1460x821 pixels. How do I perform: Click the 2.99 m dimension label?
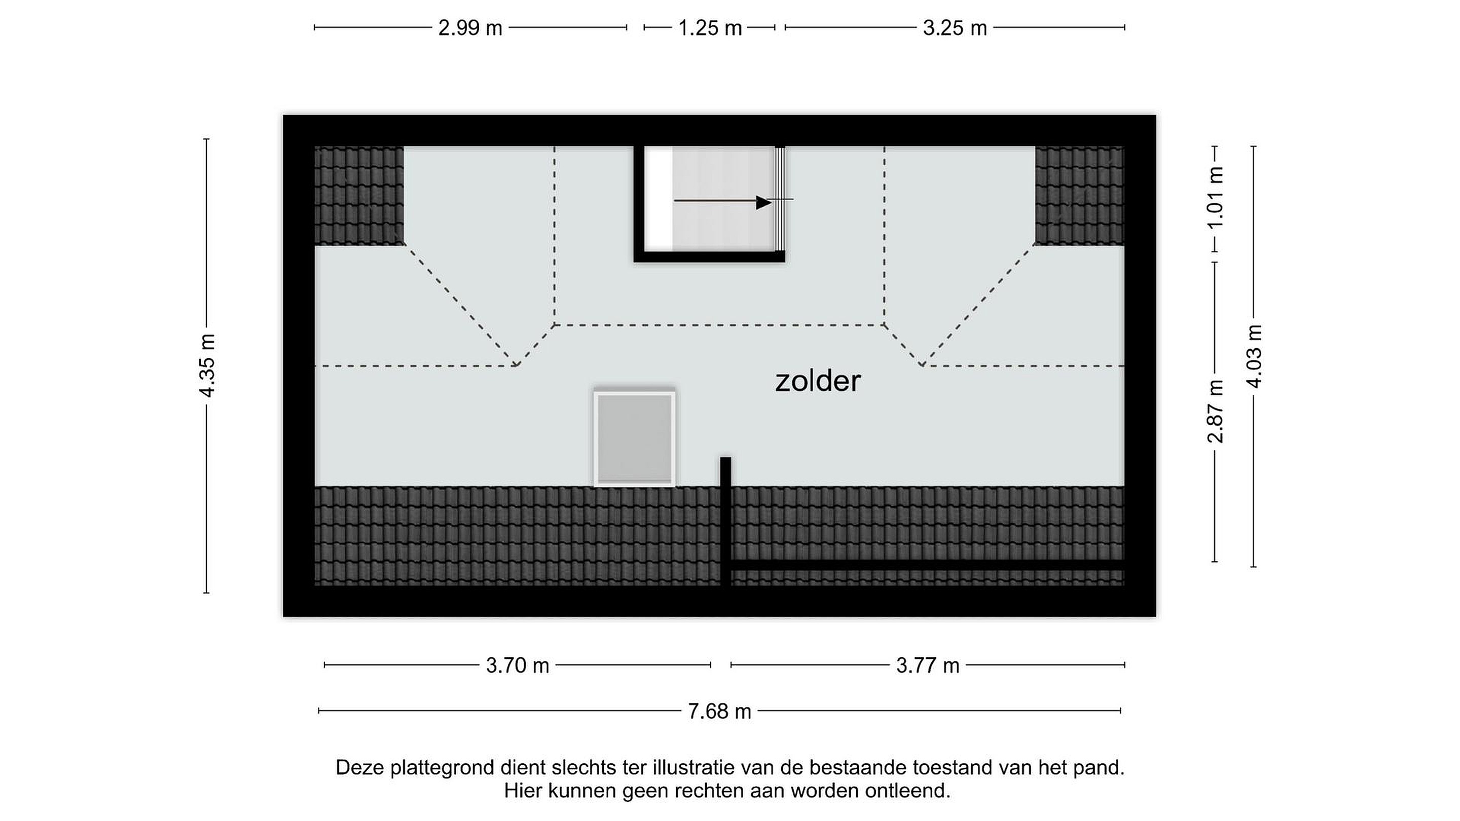tap(470, 28)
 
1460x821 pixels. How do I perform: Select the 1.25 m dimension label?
tap(710, 28)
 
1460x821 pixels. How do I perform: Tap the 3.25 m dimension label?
tap(955, 28)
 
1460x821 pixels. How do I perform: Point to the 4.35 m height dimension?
tap(208, 365)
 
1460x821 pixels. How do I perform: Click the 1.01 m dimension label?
tap(1215, 197)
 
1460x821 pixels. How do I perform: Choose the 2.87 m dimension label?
tap(1215, 412)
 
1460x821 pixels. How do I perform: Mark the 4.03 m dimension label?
tap(1254, 356)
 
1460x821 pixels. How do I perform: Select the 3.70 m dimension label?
tap(518, 665)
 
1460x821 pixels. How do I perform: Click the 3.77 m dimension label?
tap(928, 665)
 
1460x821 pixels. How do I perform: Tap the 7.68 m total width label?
tap(720, 711)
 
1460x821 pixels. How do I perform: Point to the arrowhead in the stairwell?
tap(764, 202)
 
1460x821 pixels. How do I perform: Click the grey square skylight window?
tap(635, 438)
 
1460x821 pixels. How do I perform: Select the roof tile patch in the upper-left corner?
tap(359, 196)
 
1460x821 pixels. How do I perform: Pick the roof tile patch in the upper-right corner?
tap(1080, 196)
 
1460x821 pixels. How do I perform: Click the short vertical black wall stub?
tap(725, 521)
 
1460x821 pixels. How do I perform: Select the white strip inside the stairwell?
tap(659, 198)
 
